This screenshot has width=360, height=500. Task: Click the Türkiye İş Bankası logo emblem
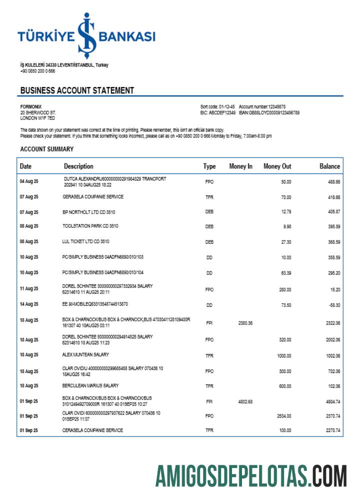point(86,36)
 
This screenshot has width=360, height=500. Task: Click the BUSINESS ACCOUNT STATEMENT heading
point(77,90)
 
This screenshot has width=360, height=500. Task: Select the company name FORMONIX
point(31,106)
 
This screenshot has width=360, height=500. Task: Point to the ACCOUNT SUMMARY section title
point(47,149)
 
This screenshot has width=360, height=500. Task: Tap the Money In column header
point(240,166)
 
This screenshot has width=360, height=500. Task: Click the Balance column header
point(329,166)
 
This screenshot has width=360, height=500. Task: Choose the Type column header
point(209,166)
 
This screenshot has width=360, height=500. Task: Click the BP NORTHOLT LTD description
point(89,212)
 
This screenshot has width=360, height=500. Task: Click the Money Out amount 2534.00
point(283,415)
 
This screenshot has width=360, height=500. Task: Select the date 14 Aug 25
point(29,304)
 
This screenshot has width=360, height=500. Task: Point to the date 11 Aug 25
point(29,288)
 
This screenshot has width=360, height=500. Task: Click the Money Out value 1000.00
point(284,355)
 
